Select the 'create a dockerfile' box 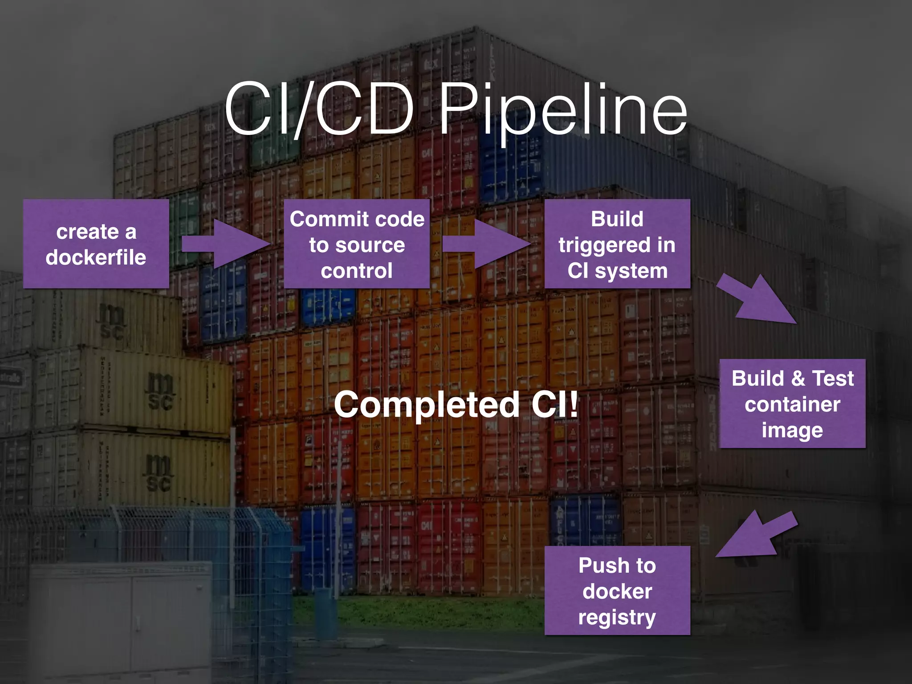click(96, 244)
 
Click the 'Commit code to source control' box click(357, 244)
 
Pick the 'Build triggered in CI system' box click(617, 244)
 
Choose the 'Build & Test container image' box click(792, 403)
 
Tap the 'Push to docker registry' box click(617, 590)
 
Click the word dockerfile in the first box click(96, 257)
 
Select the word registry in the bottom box click(617, 617)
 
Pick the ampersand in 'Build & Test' click(798, 379)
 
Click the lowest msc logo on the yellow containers click(158, 474)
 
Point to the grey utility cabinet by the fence click(120, 619)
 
